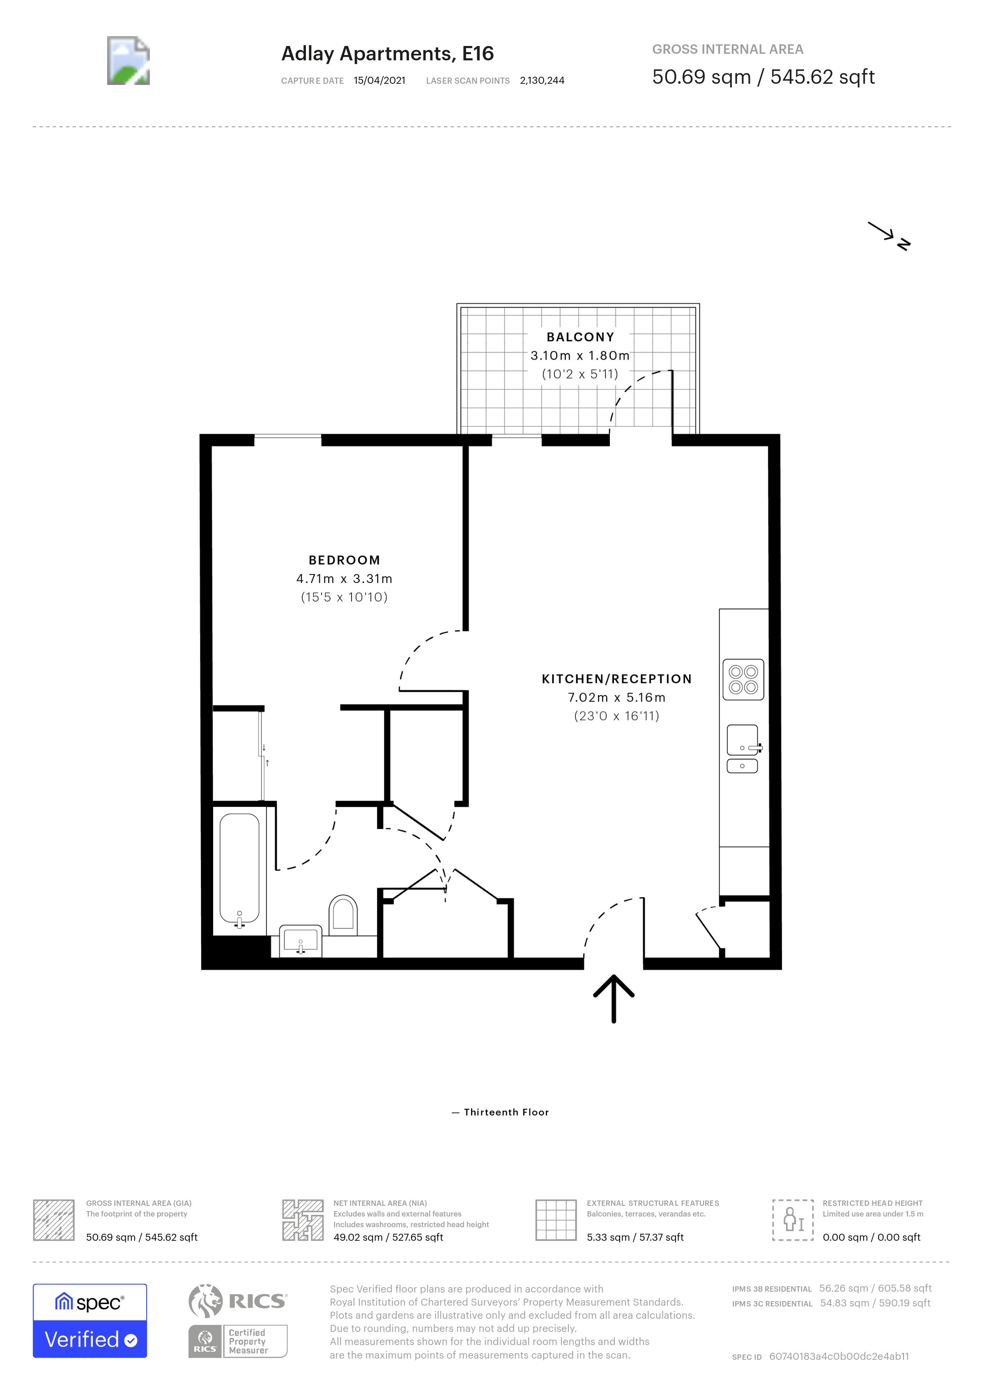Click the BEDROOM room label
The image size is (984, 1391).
(344, 560)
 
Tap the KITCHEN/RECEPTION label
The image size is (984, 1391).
(616, 679)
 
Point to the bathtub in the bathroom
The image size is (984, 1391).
(239, 870)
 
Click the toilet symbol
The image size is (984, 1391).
(343, 913)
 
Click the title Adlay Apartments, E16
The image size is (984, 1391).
(387, 54)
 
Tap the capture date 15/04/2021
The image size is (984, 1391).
(379, 80)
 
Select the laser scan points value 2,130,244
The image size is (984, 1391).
(542, 80)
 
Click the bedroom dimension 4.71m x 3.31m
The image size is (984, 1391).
(344, 579)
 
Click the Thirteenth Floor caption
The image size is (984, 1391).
(506, 1112)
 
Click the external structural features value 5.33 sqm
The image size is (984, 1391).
(635, 1237)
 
